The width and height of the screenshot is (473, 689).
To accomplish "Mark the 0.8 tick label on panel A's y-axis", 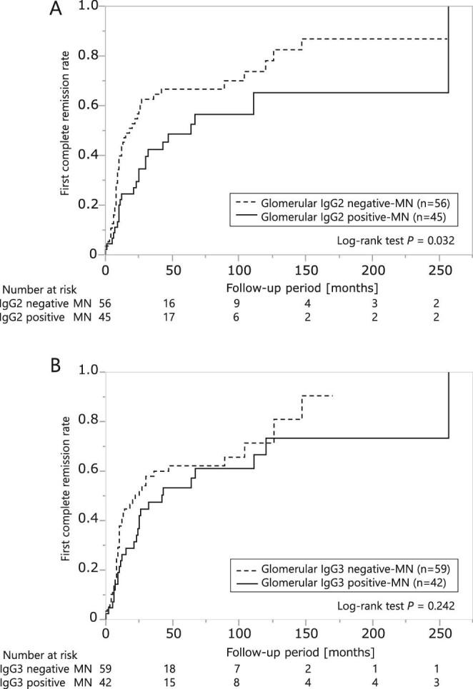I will point(88,56).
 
